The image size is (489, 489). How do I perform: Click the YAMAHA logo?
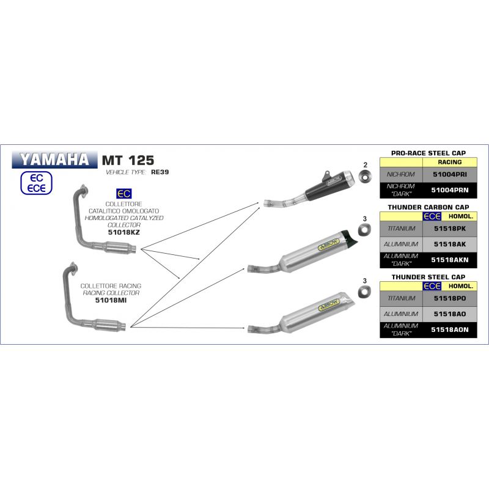(54, 160)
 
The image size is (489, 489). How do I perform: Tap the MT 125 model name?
(123, 161)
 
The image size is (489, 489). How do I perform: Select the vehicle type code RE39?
(160, 172)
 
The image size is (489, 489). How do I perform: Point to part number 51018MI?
(111, 300)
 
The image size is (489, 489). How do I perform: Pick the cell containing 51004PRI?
(449, 175)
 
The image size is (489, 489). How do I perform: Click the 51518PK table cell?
(449, 229)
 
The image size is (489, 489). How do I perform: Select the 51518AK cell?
(449, 244)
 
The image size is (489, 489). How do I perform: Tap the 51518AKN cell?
(449, 259)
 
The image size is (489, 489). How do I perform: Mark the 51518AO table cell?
(449, 313)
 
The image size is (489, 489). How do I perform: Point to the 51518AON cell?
(449, 329)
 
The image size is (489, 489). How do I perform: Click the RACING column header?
(449, 162)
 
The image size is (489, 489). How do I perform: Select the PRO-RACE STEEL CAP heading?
(428, 153)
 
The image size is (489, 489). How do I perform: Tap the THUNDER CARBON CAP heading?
(428, 207)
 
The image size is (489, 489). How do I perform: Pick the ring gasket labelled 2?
(365, 178)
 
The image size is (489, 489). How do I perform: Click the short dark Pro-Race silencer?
(330, 183)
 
